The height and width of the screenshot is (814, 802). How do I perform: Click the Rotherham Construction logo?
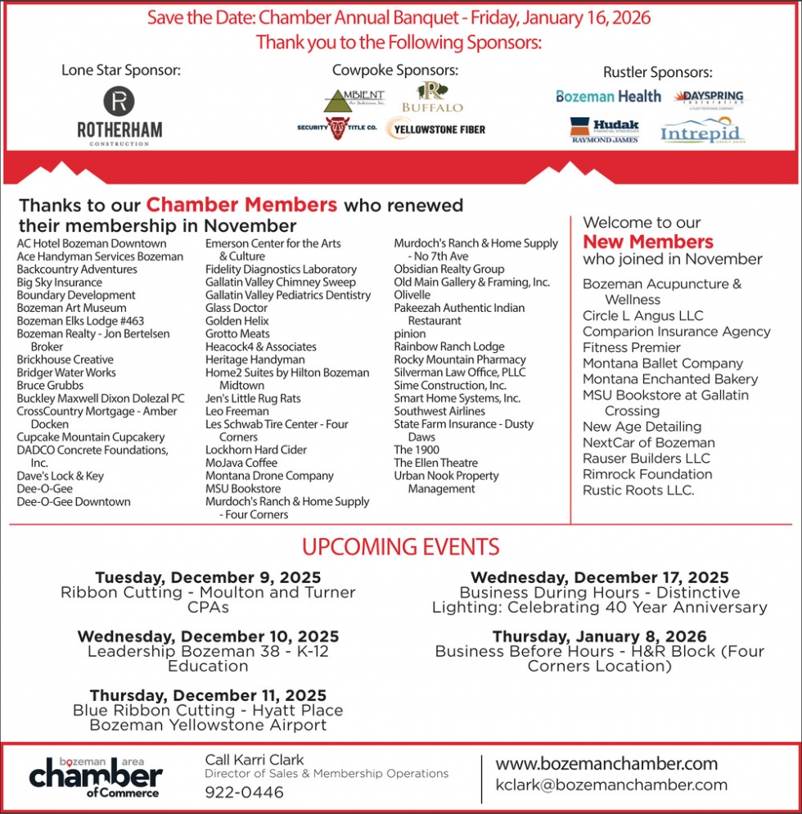119,117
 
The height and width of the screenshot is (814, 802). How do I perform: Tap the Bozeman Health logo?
608,97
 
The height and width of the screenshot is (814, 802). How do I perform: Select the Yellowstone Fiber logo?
435,128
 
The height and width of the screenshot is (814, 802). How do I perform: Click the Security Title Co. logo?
337,128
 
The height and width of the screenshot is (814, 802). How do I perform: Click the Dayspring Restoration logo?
709,97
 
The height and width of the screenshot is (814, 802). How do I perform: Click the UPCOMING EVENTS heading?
400,546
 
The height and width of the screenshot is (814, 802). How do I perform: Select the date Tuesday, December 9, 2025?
208,577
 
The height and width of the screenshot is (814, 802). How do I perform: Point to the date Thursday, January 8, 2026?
599,636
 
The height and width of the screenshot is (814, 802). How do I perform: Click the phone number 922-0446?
244,792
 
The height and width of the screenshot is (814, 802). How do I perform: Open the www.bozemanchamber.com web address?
606,764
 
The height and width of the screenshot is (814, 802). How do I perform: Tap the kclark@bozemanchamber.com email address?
611,785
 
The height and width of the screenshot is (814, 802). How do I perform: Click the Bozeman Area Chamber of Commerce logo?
96,776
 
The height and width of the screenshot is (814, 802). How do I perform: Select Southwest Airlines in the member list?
439,411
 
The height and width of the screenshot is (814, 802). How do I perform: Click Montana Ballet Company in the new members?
663,363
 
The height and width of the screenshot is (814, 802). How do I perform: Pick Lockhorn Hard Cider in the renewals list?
256,450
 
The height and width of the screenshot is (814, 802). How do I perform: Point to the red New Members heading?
647,242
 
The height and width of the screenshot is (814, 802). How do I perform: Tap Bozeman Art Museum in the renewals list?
71,308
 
